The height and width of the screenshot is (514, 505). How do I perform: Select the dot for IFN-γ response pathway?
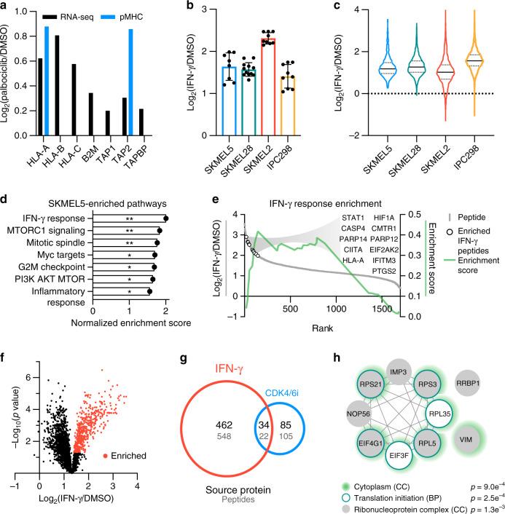tap(166, 218)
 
